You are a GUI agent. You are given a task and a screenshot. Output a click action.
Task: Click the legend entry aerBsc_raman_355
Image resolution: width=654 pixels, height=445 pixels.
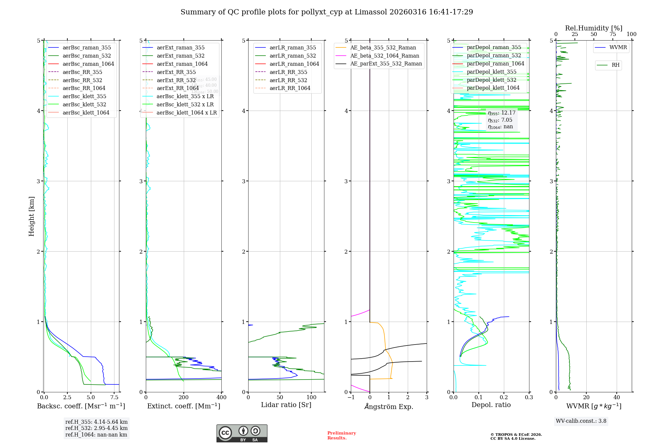click(87, 48)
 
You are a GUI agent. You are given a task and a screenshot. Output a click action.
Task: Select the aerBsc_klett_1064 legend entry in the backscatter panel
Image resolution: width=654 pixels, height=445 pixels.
click(86, 113)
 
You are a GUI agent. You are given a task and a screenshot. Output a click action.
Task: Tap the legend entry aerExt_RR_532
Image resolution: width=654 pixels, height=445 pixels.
click(176, 80)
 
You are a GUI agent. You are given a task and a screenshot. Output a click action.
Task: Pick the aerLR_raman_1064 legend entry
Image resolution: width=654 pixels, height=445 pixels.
click(294, 64)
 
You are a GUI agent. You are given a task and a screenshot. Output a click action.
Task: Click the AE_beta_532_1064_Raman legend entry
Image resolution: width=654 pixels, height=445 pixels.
click(385, 56)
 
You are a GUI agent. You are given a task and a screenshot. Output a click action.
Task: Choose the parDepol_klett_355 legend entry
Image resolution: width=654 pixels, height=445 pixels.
click(491, 72)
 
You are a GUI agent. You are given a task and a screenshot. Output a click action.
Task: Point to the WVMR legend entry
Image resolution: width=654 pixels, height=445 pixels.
click(618, 47)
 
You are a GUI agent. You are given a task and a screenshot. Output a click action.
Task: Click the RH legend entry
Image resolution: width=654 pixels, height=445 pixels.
click(615, 65)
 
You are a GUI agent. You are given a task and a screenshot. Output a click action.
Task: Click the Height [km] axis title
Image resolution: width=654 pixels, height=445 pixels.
click(31, 216)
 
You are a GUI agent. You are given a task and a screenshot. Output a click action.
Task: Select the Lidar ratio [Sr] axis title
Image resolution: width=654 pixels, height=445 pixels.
click(286, 405)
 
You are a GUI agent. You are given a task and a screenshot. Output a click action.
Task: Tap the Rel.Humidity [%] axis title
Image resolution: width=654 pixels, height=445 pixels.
click(594, 28)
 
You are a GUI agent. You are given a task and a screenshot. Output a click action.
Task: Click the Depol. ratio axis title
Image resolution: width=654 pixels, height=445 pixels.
click(491, 405)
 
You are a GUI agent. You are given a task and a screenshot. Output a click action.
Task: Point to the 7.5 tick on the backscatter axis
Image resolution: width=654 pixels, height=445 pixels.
click(114, 398)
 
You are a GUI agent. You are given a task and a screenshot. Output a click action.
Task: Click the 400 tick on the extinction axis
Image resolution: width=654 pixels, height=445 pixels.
click(221, 398)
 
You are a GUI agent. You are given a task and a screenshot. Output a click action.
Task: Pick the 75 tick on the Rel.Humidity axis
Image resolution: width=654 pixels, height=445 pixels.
click(612, 34)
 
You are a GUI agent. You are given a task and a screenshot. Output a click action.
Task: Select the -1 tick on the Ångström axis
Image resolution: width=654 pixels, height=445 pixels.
click(351, 398)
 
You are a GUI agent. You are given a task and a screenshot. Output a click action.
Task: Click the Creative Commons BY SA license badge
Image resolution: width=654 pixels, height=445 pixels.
click(242, 433)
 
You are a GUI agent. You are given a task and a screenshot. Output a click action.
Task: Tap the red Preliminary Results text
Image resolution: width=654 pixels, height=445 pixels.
click(341, 436)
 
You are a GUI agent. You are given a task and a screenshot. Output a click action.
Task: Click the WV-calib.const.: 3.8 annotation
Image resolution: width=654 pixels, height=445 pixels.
click(581, 421)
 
